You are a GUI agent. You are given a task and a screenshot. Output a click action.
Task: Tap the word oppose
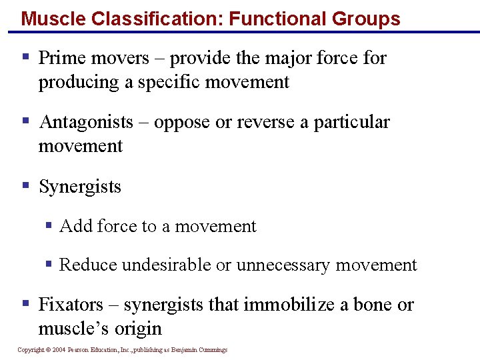(183, 122)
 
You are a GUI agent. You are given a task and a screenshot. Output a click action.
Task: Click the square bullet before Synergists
(26, 186)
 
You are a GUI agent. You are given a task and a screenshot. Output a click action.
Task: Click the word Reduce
(84, 265)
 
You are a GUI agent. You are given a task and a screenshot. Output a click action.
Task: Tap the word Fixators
(71, 305)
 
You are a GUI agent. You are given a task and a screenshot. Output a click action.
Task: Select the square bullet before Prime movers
(26, 57)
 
